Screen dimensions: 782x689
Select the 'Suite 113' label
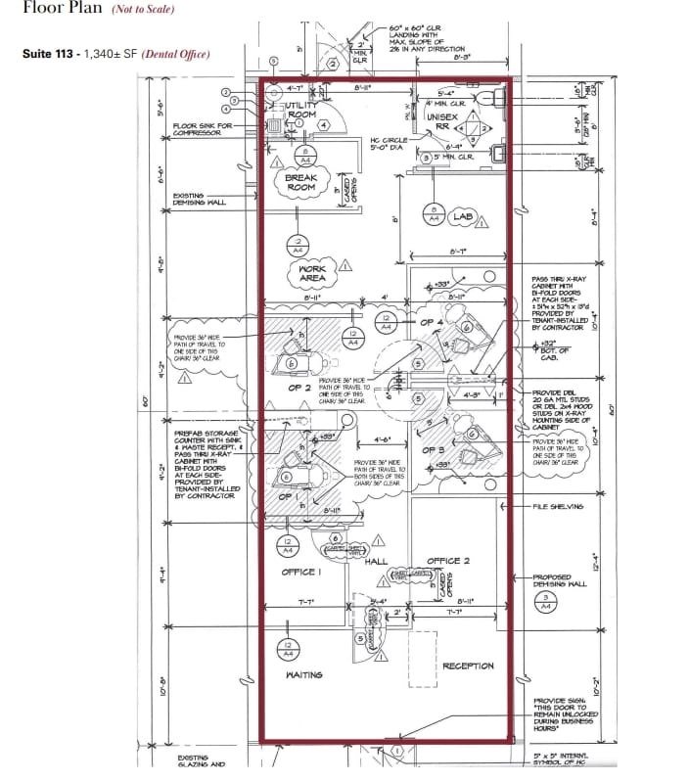tap(48, 54)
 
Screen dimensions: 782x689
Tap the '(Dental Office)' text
tap(177, 54)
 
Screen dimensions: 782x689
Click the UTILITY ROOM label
tap(299, 110)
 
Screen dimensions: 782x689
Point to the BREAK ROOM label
tap(300, 182)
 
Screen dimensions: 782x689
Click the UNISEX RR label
tap(441, 121)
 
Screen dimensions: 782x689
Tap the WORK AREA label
tap(312, 273)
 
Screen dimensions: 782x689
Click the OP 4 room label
tap(432, 322)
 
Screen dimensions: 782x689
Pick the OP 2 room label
tap(300, 388)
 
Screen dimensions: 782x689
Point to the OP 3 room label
tap(434, 449)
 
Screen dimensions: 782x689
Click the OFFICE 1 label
tap(299, 572)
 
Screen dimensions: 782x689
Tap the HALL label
tap(377, 561)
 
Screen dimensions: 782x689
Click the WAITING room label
tap(305, 675)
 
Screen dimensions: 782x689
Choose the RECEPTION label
tap(468, 666)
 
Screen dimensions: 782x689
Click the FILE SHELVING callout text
tap(559, 506)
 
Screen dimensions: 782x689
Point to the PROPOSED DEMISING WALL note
tap(559, 581)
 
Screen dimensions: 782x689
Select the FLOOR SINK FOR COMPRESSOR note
tap(203, 129)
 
